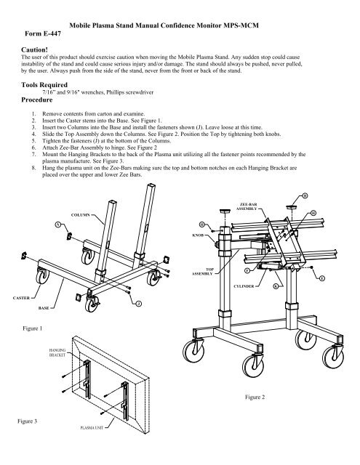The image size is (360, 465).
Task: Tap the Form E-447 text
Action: pos(49,32)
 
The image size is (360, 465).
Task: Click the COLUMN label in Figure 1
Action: pos(81,215)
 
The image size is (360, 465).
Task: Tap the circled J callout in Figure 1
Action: pos(138,302)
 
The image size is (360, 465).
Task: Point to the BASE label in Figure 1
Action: pos(44,308)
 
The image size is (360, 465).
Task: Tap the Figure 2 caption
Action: pos(255,397)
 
